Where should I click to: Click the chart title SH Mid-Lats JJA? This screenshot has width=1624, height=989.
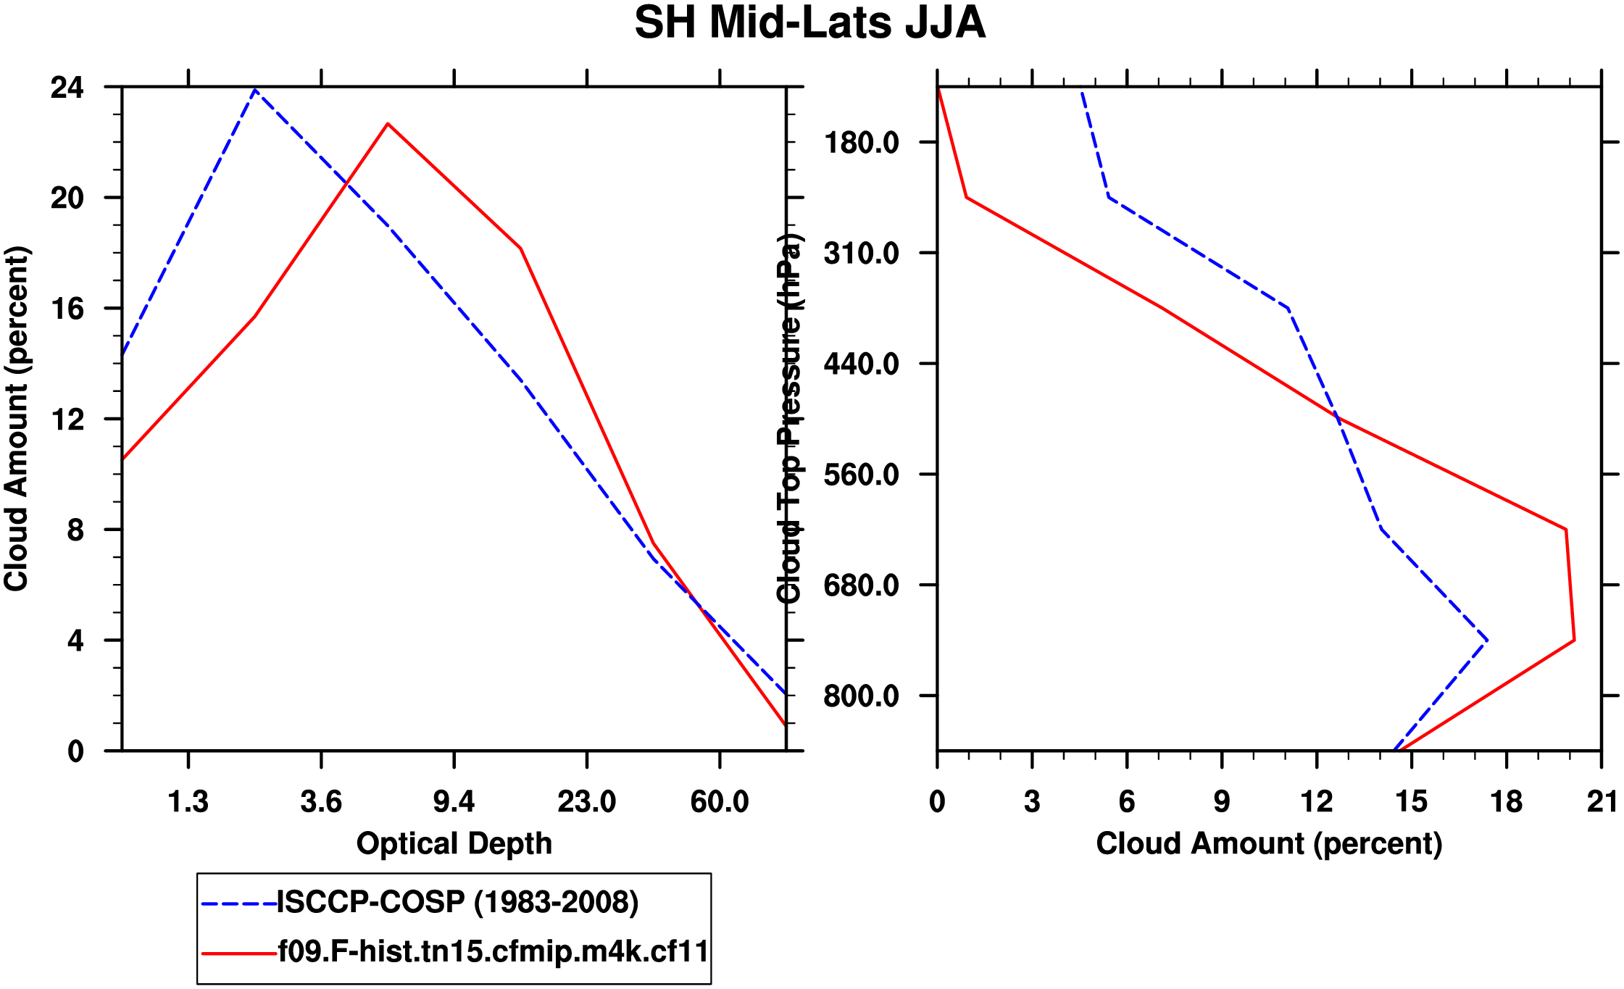click(x=809, y=23)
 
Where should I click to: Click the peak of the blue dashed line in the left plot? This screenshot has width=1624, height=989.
click(x=255, y=90)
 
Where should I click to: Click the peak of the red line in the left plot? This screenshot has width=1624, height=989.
click(x=388, y=124)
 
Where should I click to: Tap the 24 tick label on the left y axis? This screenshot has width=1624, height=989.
click(x=67, y=88)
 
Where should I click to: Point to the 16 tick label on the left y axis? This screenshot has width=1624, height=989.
click(x=67, y=309)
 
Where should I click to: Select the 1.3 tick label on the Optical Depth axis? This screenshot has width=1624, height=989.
click(x=188, y=802)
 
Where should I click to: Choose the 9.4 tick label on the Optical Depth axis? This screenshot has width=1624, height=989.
click(x=454, y=802)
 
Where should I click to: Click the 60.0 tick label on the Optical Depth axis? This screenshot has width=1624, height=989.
click(x=719, y=802)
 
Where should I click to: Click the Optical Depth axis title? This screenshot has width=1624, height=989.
click(x=454, y=843)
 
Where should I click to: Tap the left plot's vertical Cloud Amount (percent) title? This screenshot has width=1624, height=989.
click(x=16, y=419)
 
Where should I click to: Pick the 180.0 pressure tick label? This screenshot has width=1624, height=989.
click(x=861, y=143)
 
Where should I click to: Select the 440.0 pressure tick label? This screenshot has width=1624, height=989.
click(x=861, y=364)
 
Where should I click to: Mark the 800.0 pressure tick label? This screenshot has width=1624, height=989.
click(x=861, y=696)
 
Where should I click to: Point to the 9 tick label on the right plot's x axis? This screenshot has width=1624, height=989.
click(x=1222, y=802)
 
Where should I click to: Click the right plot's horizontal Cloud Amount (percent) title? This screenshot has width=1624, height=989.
click(x=1269, y=843)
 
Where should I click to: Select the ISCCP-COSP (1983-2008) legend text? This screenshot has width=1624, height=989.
click(x=458, y=903)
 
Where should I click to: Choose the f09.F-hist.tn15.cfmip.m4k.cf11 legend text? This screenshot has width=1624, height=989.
click(x=493, y=951)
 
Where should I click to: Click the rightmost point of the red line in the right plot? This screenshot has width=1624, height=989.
click(x=1574, y=640)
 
